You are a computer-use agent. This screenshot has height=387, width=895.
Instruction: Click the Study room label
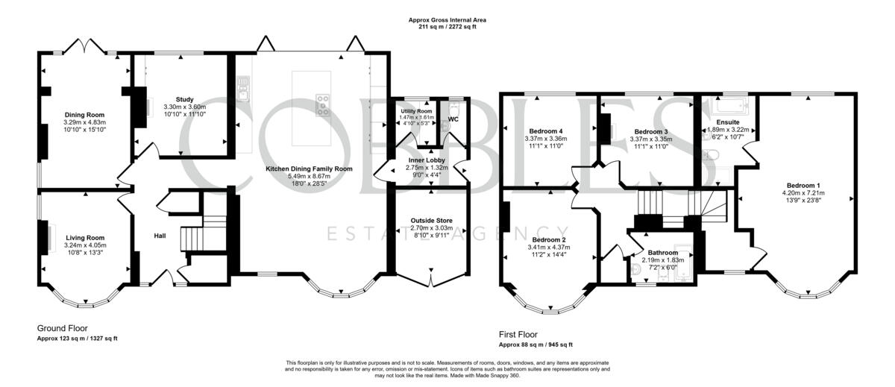[185, 99]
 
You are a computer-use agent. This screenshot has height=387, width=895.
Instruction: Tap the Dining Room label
[85, 115]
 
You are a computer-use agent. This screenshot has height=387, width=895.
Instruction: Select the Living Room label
[85, 238]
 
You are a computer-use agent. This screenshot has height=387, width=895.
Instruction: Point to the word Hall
[160, 236]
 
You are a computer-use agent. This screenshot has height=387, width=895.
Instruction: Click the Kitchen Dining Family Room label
[310, 169]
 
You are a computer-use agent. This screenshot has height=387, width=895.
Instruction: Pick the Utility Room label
[416, 111]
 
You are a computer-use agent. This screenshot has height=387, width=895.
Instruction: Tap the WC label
[453, 119]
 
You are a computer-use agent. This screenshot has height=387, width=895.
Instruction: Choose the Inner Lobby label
[427, 160]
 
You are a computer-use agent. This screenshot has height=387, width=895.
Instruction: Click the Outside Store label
[432, 221]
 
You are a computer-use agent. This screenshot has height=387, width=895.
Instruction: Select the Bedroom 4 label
[546, 131]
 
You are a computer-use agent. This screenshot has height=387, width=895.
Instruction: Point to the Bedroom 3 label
[651, 132]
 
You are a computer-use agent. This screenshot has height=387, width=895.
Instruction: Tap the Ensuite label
[728, 122]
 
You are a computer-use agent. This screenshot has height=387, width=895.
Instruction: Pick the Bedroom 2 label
[549, 240]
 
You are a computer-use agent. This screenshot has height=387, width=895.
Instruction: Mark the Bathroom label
[663, 253]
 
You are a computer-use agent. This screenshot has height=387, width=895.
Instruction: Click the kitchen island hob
[323, 105]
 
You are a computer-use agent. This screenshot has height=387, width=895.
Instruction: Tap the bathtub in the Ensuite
[730, 106]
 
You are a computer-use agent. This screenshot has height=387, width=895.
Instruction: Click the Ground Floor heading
[63, 328]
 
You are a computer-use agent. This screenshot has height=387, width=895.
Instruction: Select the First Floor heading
[518, 335]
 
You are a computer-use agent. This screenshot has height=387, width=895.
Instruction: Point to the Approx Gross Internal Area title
[447, 20]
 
